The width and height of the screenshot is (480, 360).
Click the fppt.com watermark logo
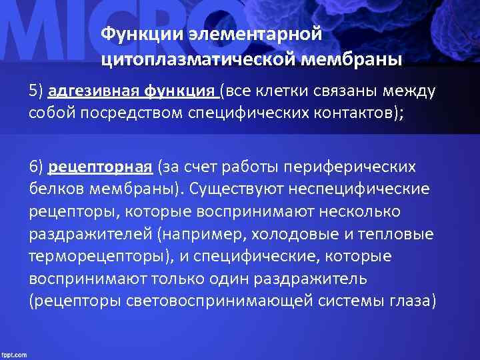14,354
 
